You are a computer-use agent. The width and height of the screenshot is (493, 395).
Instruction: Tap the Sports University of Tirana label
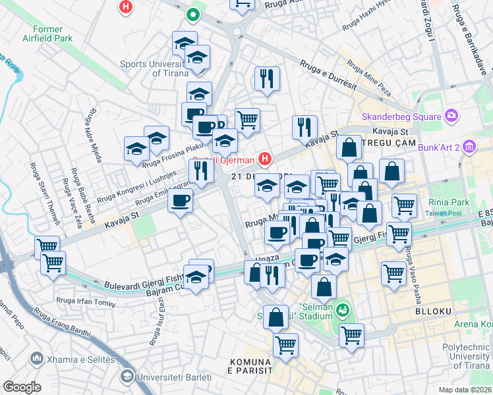coord(153,68)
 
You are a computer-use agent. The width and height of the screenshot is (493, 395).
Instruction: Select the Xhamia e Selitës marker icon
coord(36,358)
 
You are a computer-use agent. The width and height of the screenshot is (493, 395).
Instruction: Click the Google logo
coord(22,386)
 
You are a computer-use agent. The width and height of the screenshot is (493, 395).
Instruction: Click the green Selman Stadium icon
coord(342,308)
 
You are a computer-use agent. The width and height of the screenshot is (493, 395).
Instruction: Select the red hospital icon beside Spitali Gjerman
coord(265,159)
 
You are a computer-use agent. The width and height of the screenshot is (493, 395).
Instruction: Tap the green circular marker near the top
coord(192,14)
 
